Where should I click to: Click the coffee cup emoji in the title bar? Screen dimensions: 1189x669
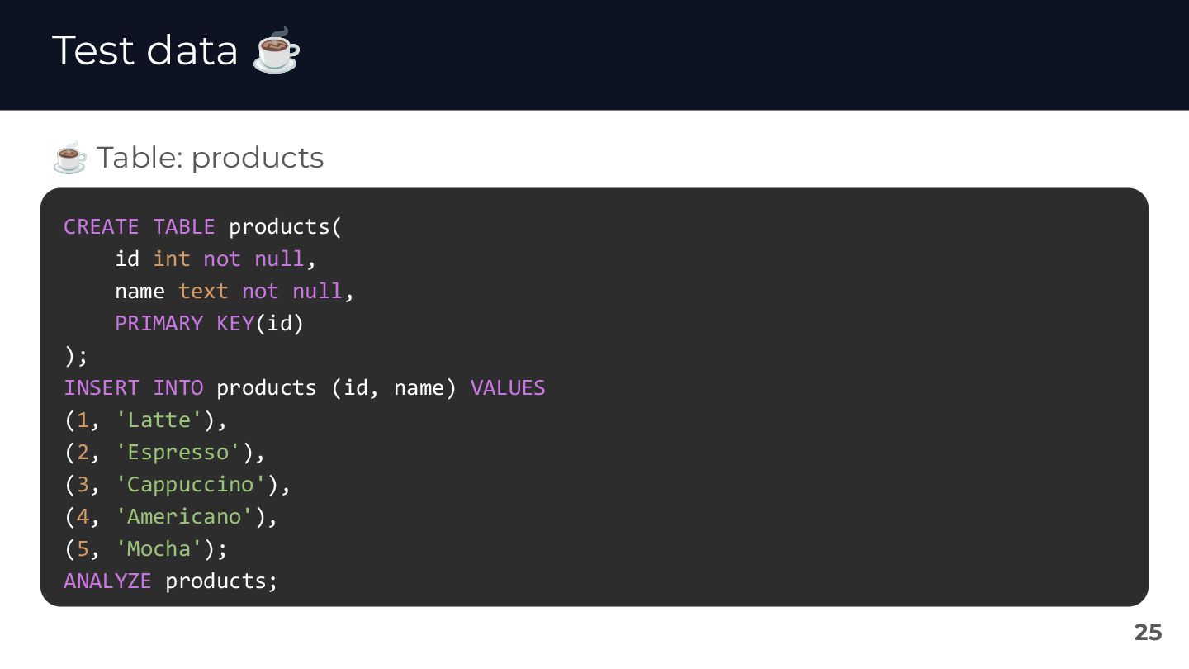coord(277,51)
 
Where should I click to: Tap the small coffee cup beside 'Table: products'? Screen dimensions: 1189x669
coord(69,158)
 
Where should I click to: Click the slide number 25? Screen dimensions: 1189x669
coord(1148,633)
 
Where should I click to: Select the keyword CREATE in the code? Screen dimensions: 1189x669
coord(101,227)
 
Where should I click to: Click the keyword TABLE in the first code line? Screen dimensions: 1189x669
coord(183,227)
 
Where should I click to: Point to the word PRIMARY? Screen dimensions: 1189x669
coord(159,324)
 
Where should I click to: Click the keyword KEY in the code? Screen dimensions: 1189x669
coord(235,324)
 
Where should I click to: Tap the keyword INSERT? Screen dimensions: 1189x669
coord(101,388)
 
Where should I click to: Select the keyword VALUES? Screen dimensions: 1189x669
coord(508,388)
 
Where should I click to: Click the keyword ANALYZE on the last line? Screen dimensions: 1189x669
coord(107,581)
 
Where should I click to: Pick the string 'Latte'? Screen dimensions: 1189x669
coord(159,420)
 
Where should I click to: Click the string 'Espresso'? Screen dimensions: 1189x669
coord(178,453)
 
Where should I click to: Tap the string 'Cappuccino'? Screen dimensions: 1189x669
coord(191,485)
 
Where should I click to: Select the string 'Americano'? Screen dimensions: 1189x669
coord(184,517)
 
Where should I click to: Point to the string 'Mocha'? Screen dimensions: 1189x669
coord(159,549)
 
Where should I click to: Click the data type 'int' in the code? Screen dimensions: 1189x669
coord(171,259)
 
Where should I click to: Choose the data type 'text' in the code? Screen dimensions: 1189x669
coord(203,292)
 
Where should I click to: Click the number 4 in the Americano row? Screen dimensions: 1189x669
coord(83,517)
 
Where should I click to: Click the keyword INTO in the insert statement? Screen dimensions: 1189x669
coord(178,388)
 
